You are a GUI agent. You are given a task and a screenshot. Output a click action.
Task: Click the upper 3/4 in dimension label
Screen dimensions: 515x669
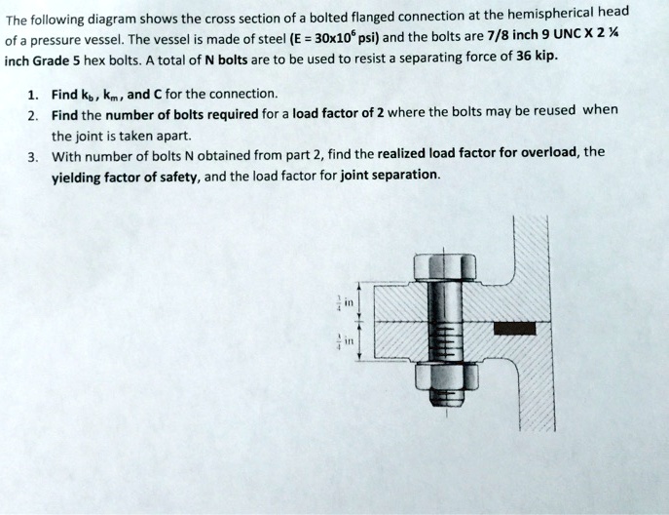click(340, 301)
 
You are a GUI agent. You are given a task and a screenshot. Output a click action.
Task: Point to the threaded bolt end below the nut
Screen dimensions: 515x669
click(444, 400)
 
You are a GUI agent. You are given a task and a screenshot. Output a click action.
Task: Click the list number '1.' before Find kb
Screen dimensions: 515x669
click(32, 94)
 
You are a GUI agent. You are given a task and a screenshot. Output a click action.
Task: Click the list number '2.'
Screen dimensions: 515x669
click(32, 114)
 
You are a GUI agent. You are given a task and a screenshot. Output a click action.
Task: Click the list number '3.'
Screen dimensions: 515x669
click(32, 155)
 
